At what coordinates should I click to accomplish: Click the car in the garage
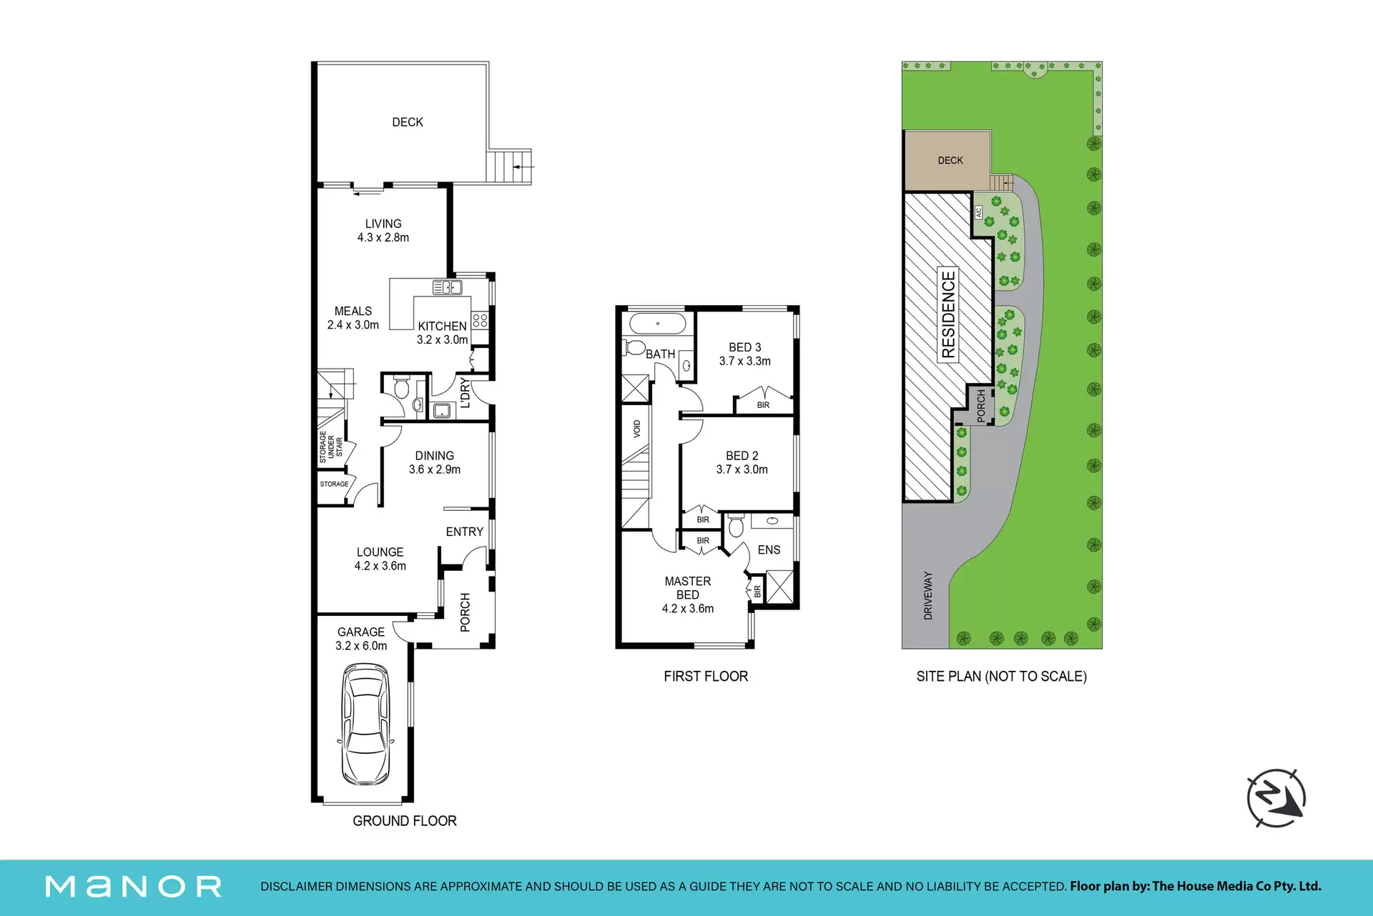(x=365, y=725)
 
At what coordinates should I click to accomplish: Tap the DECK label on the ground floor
(x=408, y=122)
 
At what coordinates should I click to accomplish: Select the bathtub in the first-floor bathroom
(x=658, y=323)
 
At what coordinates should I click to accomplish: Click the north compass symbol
(x=1276, y=798)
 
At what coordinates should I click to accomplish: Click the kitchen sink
(x=447, y=287)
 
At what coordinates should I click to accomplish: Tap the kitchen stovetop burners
(x=480, y=320)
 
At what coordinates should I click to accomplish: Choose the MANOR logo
(x=134, y=887)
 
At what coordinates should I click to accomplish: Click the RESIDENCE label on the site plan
(x=948, y=314)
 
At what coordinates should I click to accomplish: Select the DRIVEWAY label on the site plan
(x=928, y=595)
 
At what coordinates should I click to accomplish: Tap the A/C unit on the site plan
(x=979, y=212)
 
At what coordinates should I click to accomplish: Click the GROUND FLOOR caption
(x=405, y=821)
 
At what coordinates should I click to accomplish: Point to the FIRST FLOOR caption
(x=706, y=676)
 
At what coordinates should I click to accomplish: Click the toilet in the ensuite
(x=736, y=527)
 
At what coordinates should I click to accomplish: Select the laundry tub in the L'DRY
(x=442, y=411)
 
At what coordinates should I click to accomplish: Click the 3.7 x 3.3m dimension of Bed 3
(x=745, y=361)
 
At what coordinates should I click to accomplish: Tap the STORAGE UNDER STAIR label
(x=331, y=447)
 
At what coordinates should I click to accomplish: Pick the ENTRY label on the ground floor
(x=465, y=532)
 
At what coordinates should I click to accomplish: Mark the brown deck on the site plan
(x=948, y=161)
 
